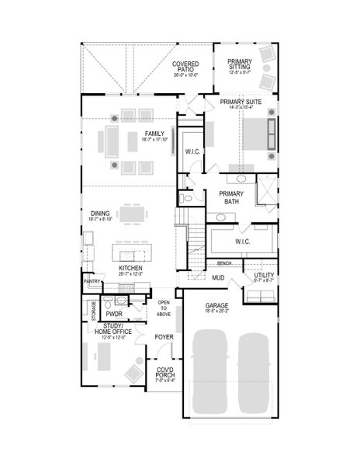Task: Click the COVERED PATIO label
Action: [185, 69]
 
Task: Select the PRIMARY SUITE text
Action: [240, 102]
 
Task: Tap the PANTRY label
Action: [92, 282]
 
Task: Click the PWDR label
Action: [115, 314]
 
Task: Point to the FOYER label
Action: [163, 337]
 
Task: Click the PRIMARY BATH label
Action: [231, 197]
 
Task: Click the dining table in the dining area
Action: [130, 213]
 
